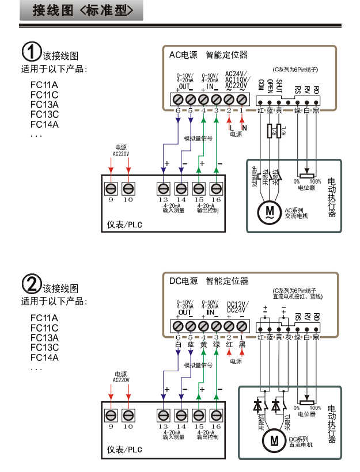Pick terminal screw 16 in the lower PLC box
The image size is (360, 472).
pos(217,415)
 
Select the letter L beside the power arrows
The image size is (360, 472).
pos(230,127)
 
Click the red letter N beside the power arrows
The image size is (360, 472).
pos(244,127)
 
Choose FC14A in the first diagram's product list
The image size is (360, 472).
pos(44,124)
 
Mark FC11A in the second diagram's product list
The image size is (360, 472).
pos(44,318)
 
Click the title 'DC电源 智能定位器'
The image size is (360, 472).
pos(209,281)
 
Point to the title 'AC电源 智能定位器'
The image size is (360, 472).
pos(208,55)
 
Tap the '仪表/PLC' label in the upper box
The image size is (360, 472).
pos(124,223)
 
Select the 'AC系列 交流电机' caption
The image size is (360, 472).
pos(297,213)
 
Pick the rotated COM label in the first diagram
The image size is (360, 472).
pos(261,85)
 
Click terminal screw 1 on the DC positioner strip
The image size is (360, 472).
pos(242,326)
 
